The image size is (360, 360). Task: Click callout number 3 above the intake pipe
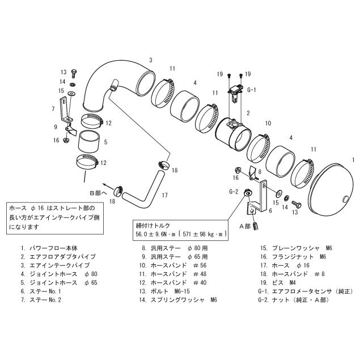pos(151,58)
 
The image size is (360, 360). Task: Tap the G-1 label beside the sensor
pos(251,90)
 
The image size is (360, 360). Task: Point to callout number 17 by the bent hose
pos(164,196)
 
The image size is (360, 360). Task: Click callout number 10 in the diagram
pos(268,122)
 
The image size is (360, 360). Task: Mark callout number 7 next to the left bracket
pos(53,108)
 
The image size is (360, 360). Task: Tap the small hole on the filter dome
pos(346,198)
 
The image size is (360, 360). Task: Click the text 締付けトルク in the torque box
pos(152,223)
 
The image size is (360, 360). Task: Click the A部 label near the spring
pos(244,225)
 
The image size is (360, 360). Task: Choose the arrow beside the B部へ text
pos(105,183)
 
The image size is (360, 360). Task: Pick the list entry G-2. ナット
pos(291,299)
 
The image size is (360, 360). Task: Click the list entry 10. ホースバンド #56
pos(167,265)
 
